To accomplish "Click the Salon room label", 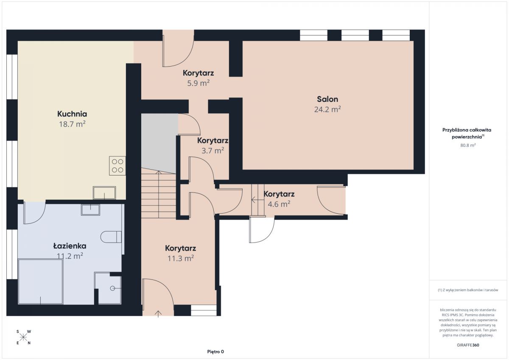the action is [x=327, y=99].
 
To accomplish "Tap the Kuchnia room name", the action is [x=72, y=114].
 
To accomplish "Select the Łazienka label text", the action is [x=70, y=246].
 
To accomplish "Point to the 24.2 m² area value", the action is [x=327, y=109].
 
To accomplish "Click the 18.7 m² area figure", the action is [x=72, y=124].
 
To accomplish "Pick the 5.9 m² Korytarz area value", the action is [x=199, y=83].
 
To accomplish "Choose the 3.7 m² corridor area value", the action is [x=213, y=151].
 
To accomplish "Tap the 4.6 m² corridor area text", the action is [x=279, y=204].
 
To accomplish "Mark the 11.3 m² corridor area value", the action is [x=181, y=258].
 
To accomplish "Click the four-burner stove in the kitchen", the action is [x=117, y=165].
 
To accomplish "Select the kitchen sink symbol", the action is [x=104, y=193].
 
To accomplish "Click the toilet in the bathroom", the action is [x=111, y=237].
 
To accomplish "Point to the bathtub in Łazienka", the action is [x=40, y=282].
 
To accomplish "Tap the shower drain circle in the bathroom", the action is [x=112, y=288].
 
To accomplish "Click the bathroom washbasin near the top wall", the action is [x=90, y=209].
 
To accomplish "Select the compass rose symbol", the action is [x=23, y=337].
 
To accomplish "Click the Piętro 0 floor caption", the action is [x=215, y=352].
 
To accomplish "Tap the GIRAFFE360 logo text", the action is [x=468, y=345].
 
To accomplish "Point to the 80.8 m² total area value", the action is [x=468, y=145].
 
